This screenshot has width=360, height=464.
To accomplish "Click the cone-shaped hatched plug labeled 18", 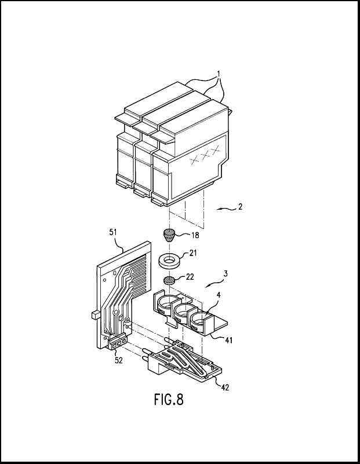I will coord(169,236).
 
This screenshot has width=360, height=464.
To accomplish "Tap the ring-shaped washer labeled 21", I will coord(170,260).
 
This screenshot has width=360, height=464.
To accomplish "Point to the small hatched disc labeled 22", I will coord(170,281).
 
